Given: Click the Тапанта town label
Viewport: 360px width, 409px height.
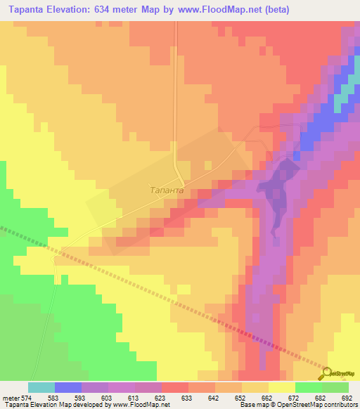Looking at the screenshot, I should coord(167,190).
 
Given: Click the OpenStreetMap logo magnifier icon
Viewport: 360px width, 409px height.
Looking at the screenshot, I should coord(328,373).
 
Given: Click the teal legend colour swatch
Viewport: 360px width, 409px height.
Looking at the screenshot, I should coord(41,387).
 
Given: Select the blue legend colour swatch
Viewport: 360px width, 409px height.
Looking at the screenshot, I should coord(68,387).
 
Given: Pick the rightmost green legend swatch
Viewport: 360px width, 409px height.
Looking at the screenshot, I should coord(335,387).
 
